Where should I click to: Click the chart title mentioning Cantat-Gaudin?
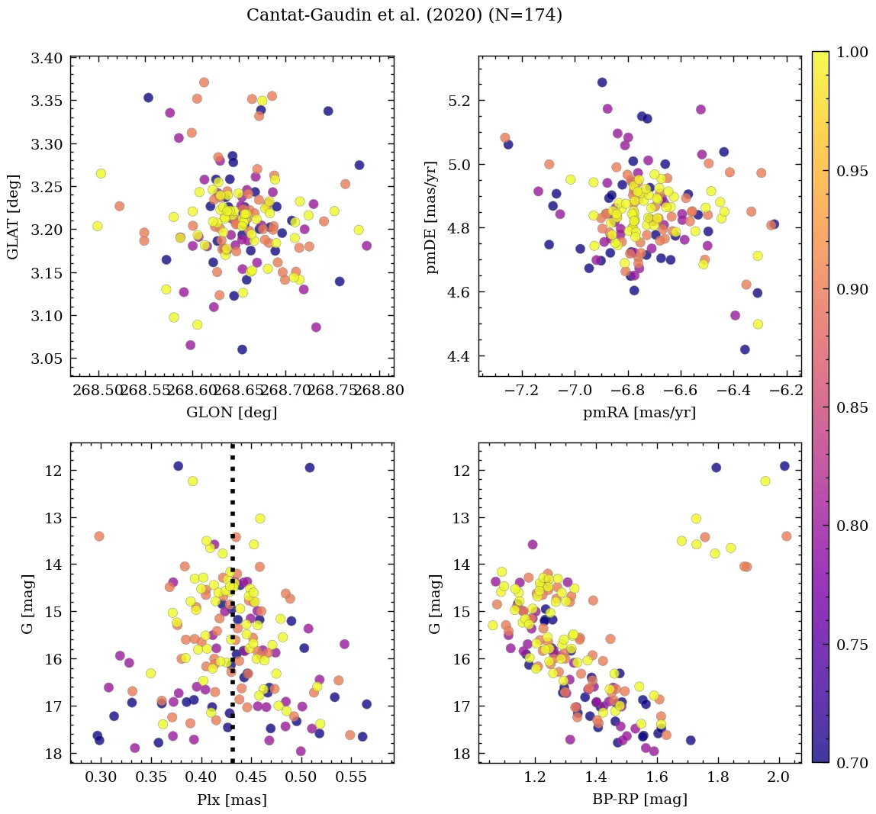click(x=404, y=15)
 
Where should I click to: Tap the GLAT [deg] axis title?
click(x=13, y=216)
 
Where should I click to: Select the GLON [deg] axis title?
click(x=232, y=413)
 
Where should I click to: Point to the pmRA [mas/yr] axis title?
click(x=639, y=413)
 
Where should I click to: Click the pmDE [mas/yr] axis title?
click(x=433, y=217)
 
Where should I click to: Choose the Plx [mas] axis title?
click(x=232, y=800)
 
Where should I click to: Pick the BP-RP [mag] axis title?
click(x=639, y=800)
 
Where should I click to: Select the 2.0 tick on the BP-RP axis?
click(x=778, y=778)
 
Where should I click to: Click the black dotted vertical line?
click(x=232, y=610)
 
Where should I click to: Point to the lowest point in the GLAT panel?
click(x=242, y=349)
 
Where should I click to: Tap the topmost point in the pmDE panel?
click(x=602, y=82)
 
